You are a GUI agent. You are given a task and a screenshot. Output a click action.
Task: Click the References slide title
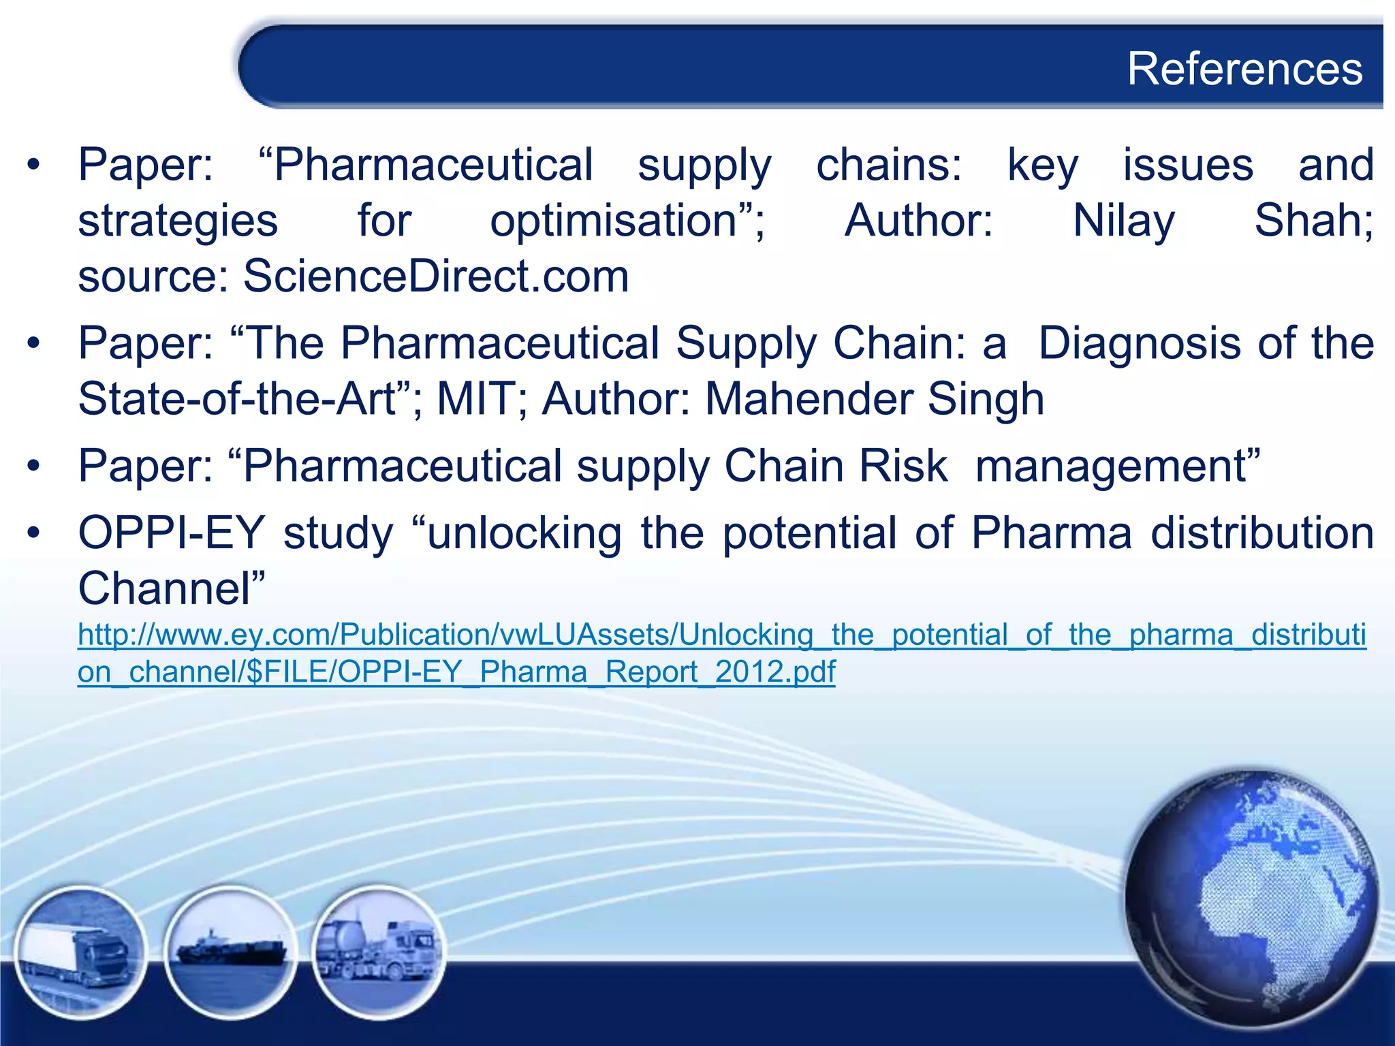click(1244, 69)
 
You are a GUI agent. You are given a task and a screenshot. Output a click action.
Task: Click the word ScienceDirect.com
click(436, 276)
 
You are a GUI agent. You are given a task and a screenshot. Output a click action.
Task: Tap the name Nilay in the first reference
click(1124, 221)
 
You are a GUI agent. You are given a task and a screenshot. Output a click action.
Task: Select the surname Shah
click(1313, 221)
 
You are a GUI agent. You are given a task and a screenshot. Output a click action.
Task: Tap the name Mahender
click(809, 399)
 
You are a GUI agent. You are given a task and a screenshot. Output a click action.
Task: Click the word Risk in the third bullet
click(903, 466)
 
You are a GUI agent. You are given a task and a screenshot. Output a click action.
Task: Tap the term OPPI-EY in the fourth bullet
click(171, 533)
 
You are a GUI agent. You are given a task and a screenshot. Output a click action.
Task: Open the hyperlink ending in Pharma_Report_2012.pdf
click(456, 672)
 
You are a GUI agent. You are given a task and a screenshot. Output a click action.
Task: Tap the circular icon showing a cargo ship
click(230, 951)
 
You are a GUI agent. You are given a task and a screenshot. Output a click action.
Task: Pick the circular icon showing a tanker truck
click(379, 951)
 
